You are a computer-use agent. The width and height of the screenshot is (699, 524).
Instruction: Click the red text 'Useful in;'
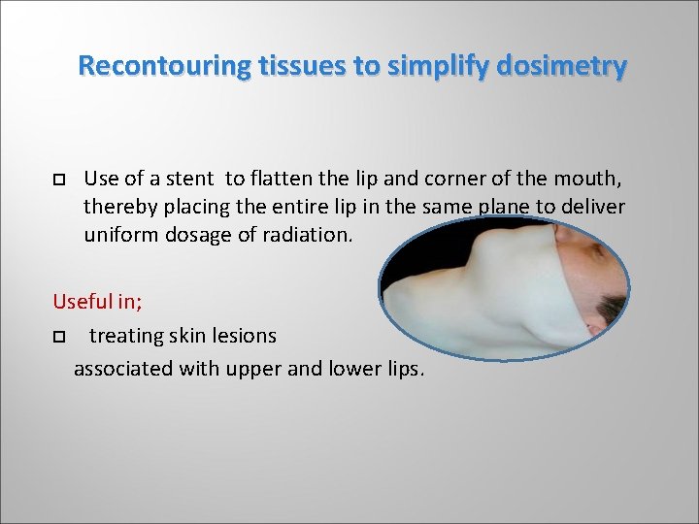point(97,301)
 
